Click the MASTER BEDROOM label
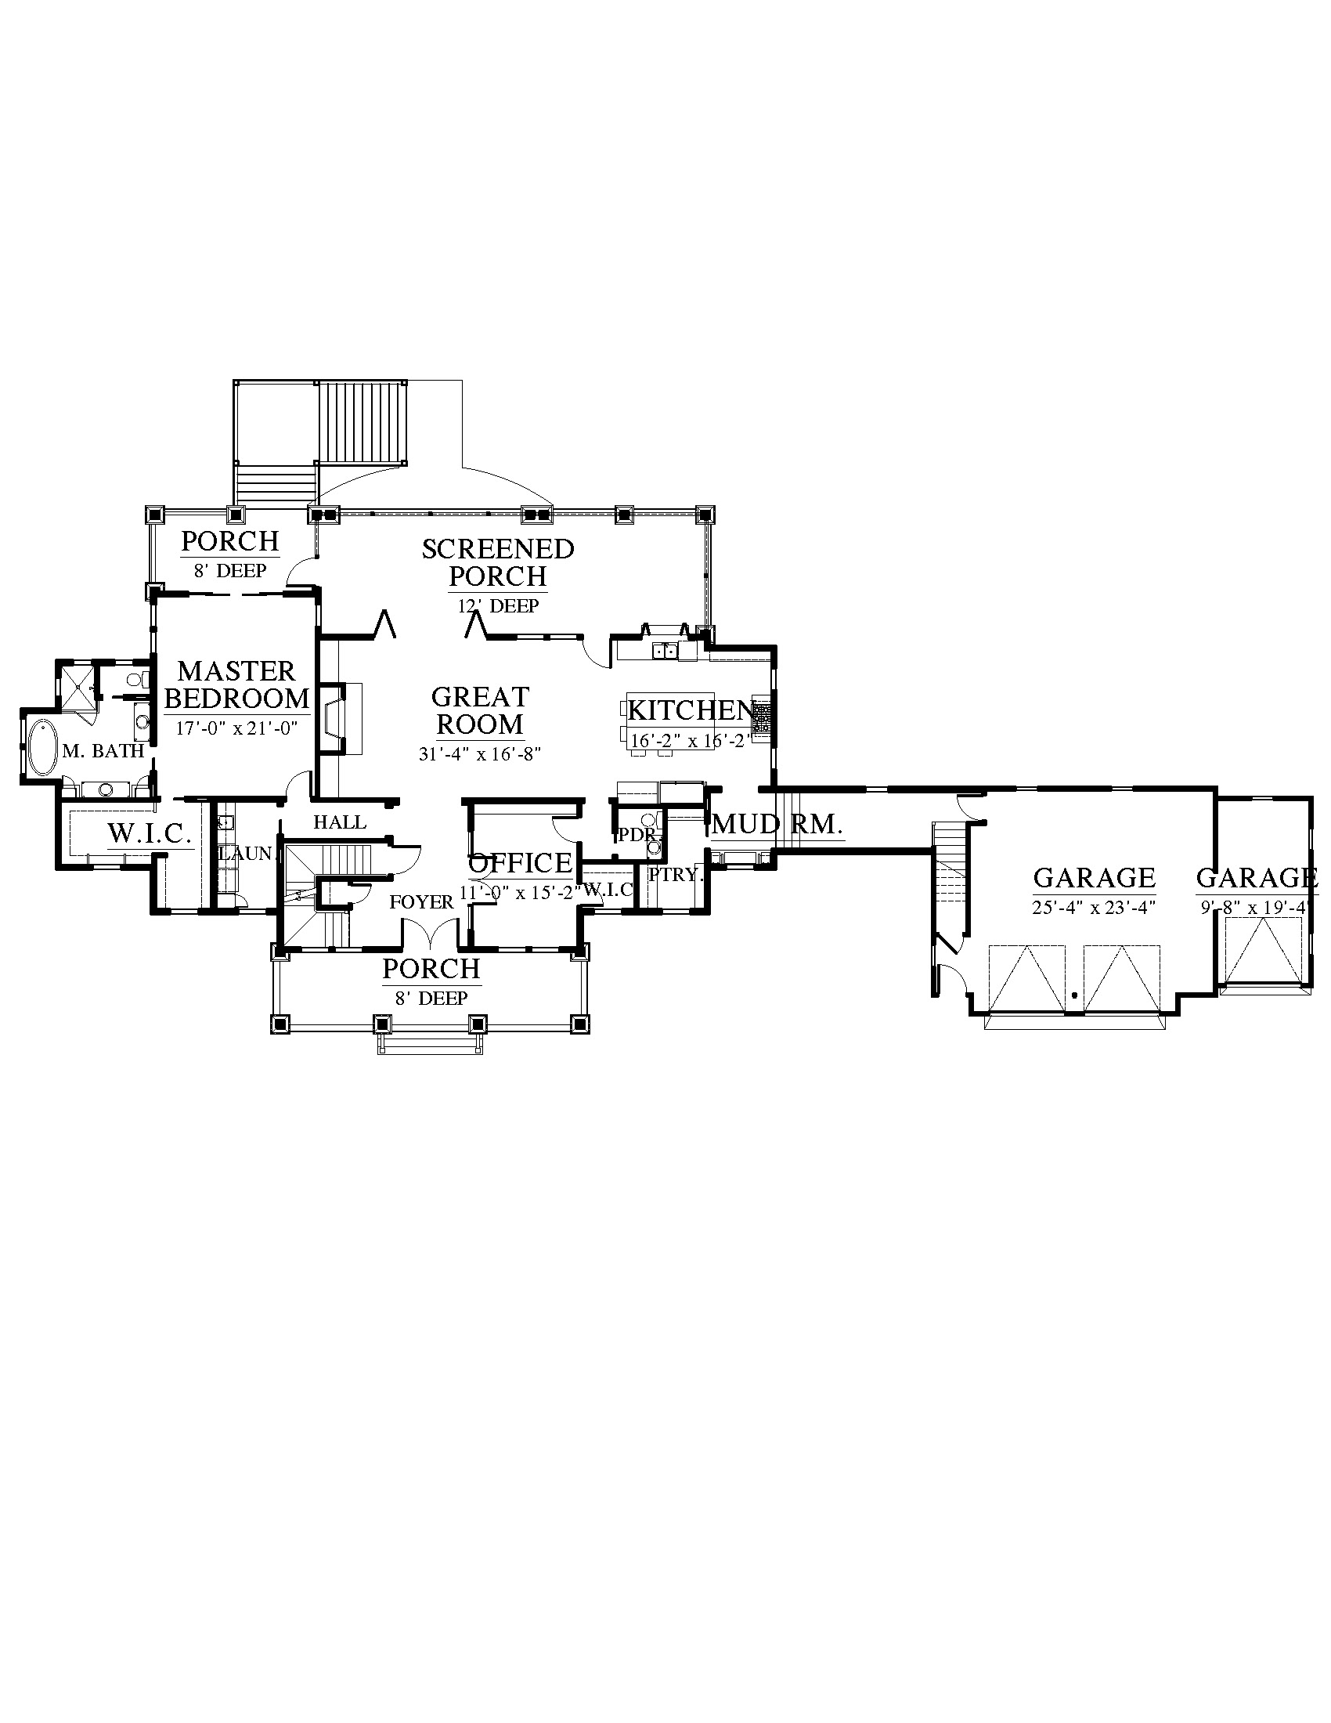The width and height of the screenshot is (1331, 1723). click(x=236, y=685)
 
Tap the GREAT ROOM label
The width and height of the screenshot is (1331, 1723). click(x=480, y=710)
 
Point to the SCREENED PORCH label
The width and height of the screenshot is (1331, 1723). click(x=497, y=562)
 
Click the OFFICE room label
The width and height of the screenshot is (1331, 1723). click(x=521, y=863)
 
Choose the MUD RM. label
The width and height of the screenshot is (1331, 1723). click(x=777, y=825)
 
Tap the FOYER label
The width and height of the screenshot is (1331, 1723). click(x=422, y=901)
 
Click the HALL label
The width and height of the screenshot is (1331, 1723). click(x=340, y=822)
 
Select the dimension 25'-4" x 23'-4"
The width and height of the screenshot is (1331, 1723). click(x=1094, y=907)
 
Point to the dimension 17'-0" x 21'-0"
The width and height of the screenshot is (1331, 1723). click(x=236, y=728)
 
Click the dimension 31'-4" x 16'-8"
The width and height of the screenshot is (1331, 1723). click(x=479, y=754)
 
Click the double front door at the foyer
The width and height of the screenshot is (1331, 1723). click(x=431, y=933)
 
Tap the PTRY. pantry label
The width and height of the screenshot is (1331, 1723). click(x=675, y=875)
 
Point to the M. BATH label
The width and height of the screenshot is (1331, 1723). click(x=103, y=751)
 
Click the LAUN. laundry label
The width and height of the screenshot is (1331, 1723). click(x=246, y=853)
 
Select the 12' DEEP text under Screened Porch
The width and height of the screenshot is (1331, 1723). click(x=498, y=606)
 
